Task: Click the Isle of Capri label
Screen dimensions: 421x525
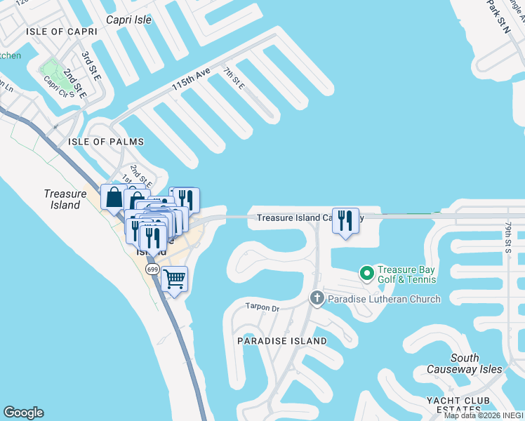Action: click(x=55, y=32)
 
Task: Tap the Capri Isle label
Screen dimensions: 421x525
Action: click(x=128, y=20)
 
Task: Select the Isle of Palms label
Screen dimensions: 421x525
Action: click(x=106, y=142)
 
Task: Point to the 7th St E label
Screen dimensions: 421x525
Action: click(x=234, y=78)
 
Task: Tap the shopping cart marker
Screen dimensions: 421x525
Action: click(x=175, y=279)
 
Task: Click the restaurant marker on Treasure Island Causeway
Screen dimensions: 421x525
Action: click(x=345, y=221)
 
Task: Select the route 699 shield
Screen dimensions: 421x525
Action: click(x=152, y=269)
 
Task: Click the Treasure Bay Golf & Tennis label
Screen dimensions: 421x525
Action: click(x=407, y=274)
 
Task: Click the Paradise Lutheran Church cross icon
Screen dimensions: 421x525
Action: click(x=317, y=299)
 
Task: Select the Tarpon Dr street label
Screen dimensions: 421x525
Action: click(x=262, y=307)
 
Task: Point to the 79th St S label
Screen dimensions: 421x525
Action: click(x=509, y=237)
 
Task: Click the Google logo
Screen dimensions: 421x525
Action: click(x=23, y=413)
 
